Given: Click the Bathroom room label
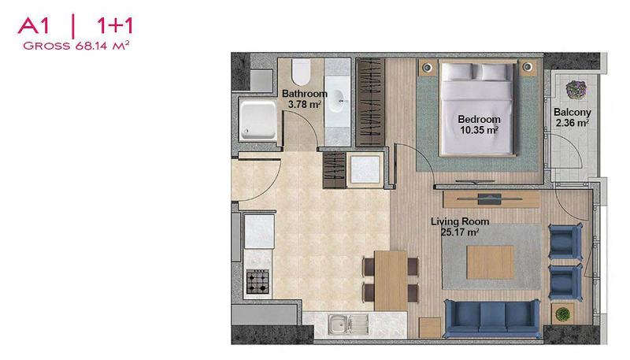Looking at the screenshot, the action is pos(305,94).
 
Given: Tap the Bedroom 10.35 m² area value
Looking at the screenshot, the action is pos(480,130).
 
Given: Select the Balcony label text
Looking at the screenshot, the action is pos(573,112).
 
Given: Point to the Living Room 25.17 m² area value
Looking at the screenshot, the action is pos(460,232).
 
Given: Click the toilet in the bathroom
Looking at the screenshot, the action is pos(301,72).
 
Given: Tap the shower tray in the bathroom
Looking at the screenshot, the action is pos(258,121).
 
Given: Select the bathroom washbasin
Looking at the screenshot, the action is pos(338,101).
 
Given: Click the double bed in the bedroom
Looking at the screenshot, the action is pos(477,108).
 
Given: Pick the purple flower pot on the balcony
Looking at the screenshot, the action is pos(576,89).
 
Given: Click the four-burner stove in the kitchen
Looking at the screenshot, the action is pos(258,281).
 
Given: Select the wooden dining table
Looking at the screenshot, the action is pos(391,280).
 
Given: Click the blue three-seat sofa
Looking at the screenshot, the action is pos(492,318).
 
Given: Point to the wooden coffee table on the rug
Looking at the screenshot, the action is pos(490,262).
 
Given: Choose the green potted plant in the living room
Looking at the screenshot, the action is pos(562,314).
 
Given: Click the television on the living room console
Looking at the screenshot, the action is pos(489,199).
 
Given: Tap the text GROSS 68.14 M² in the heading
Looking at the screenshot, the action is pos(76,46).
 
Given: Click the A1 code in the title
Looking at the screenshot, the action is pos(33,26).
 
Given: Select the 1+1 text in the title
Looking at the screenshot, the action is pos(114,26).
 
